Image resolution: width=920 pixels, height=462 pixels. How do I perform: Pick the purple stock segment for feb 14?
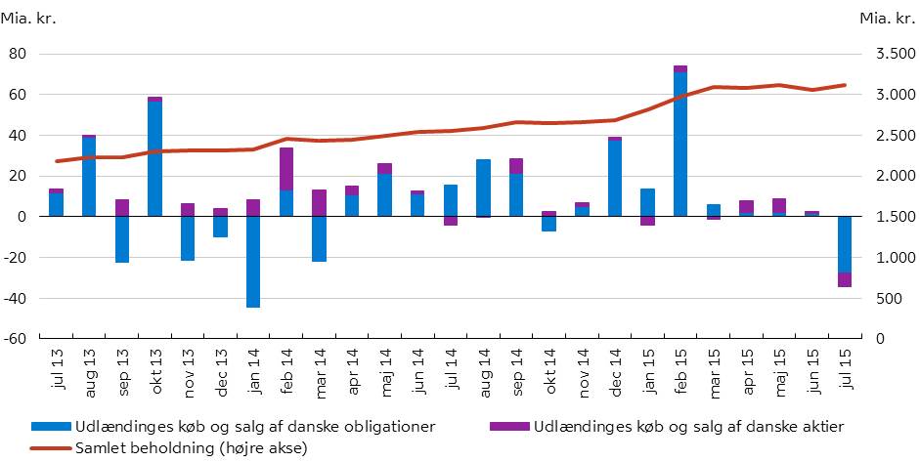coord(285,168)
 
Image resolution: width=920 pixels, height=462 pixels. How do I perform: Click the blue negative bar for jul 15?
coord(844,244)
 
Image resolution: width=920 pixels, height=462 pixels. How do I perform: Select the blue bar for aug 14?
coord(483,188)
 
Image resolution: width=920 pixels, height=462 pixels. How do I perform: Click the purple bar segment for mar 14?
coord(319,202)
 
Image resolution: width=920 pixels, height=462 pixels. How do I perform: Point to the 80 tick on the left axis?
coord(44,54)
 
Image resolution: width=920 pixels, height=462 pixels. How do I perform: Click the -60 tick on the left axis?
coord(41,339)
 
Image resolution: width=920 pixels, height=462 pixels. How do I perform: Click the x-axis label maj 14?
coord(385,368)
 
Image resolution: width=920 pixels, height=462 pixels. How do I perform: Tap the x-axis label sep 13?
coord(123,368)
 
